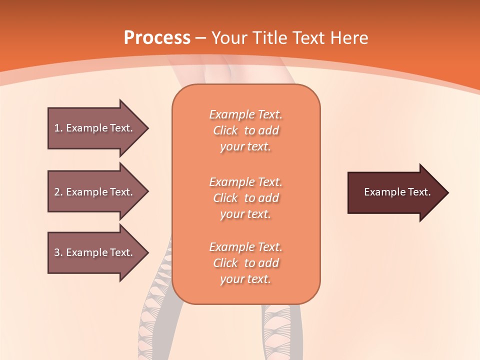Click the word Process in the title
(x=157, y=37)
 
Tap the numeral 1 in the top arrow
(x=57, y=128)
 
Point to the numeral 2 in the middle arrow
(x=57, y=192)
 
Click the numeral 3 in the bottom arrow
(x=57, y=252)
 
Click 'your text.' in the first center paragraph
(x=245, y=147)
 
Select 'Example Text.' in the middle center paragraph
(x=245, y=181)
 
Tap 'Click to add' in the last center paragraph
(x=245, y=263)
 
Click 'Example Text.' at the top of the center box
(x=245, y=114)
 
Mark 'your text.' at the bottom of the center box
(x=245, y=279)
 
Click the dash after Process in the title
(x=201, y=38)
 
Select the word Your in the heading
(x=227, y=37)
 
